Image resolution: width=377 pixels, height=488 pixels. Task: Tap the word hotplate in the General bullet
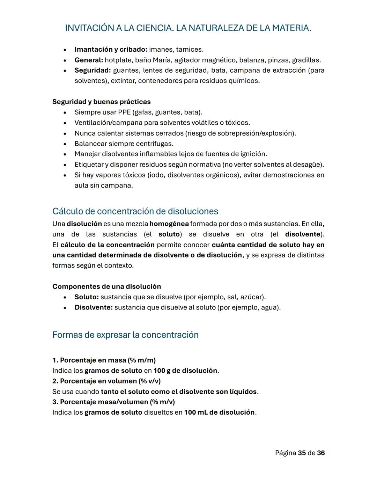click(119, 60)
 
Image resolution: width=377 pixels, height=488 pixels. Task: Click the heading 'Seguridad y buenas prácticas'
click(101, 102)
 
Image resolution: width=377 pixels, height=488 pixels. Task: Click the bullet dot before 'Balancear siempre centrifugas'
click(65, 144)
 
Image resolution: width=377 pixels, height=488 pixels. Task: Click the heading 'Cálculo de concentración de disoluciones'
click(135, 211)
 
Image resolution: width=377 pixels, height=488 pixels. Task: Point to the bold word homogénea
click(169, 224)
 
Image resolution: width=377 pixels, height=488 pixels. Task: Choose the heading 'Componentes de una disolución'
click(106, 287)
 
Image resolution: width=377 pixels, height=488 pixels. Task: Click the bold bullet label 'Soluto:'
click(87, 297)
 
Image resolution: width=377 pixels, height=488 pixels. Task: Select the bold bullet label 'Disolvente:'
click(94, 308)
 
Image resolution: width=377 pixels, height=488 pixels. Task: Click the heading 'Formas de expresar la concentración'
click(125, 335)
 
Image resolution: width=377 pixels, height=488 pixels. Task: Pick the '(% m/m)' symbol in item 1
click(142, 360)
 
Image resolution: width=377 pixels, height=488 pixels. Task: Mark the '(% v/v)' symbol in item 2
click(149, 381)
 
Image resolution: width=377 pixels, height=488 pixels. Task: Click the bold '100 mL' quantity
click(195, 413)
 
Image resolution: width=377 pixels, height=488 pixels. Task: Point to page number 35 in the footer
click(302, 453)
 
